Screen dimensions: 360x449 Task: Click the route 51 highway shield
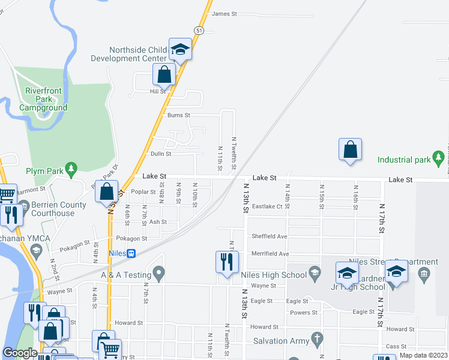(199, 29)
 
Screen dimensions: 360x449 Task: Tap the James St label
(225, 14)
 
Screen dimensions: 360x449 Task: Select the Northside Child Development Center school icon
(179, 49)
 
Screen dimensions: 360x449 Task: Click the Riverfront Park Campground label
(43, 99)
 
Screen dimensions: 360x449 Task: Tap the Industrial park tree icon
(438, 157)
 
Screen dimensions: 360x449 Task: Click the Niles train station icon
(131, 253)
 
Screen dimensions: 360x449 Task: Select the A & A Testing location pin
(158, 274)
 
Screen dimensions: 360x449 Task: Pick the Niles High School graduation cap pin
(313, 274)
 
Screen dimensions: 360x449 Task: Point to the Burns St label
(178, 115)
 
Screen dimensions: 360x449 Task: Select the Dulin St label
(160, 154)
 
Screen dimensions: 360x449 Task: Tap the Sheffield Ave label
(270, 236)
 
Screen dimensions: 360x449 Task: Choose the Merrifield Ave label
(270, 254)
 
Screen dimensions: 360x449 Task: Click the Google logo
(20, 353)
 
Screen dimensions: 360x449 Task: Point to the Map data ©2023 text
(423, 355)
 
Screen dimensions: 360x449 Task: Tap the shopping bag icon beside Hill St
(164, 76)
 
